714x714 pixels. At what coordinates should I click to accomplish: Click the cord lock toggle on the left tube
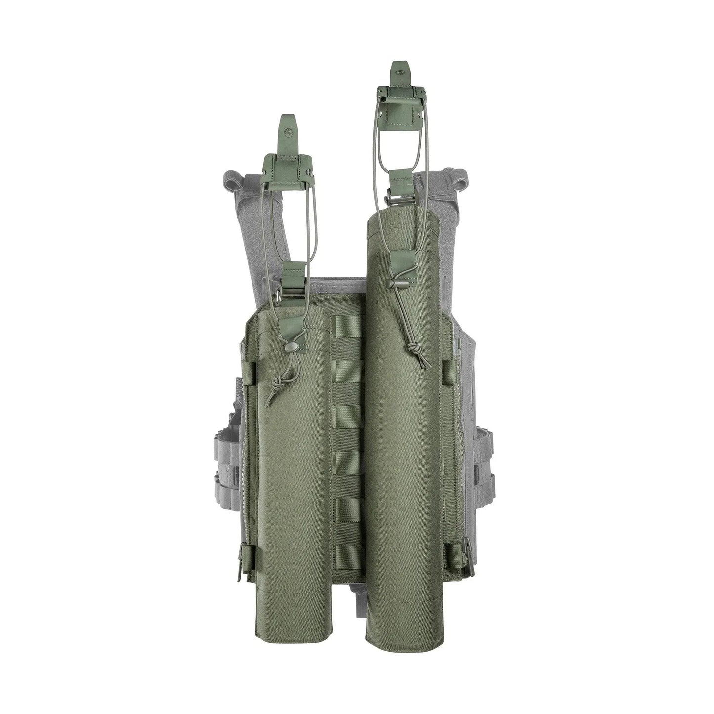point(290,348)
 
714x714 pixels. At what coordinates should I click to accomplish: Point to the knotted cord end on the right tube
point(412,352)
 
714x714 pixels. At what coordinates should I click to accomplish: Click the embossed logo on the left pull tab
point(287,131)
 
